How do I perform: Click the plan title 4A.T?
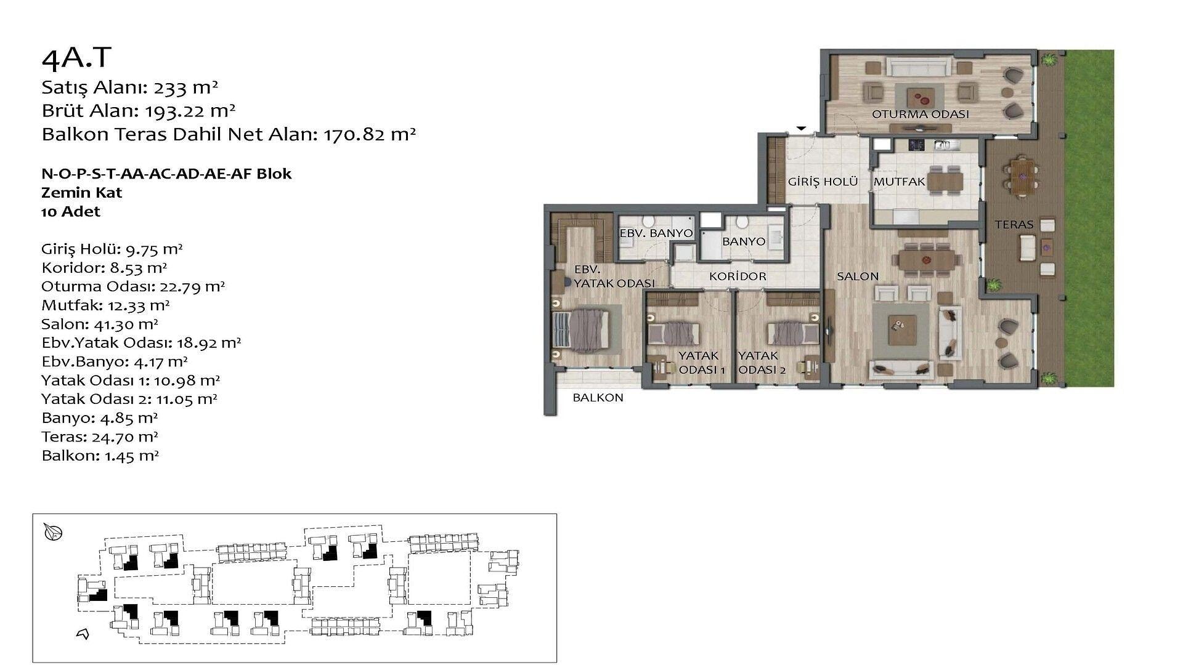click(x=76, y=58)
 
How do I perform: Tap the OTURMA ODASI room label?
click(x=920, y=114)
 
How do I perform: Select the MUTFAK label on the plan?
click(x=899, y=182)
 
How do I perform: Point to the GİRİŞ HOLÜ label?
click(x=823, y=182)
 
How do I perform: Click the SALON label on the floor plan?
click(x=858, y=276)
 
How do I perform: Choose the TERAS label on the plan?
click(x=1014, y=225)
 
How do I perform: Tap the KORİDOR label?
click(x=738, y=276)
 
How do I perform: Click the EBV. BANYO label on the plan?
click(x=656, y=233)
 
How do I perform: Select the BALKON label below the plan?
click(x=598, y=398)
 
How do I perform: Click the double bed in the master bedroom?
click(x=582, y=330)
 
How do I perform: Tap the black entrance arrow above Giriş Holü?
click(x=801, y=128)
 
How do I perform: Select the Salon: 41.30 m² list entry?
click(x=100, y=324)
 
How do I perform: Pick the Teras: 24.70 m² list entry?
click(x=100, y=437)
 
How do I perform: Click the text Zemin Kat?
click(x=82, y=193)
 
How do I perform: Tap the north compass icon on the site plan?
click(x=54, y=532)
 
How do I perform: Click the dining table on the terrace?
click(x=1022, y=175)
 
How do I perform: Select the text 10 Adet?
click(x=71, y=212)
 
